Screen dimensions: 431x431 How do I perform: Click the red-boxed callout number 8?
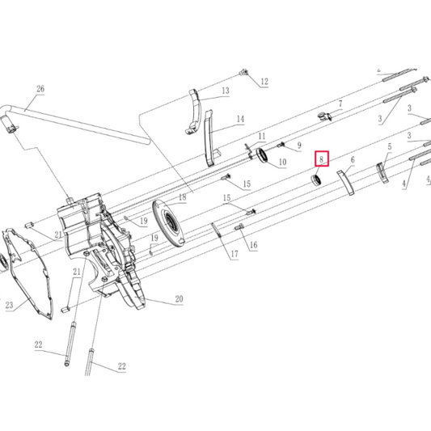321,159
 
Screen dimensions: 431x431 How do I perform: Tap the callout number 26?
40,89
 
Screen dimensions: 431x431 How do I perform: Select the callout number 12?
264,82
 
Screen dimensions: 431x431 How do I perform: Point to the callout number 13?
226,91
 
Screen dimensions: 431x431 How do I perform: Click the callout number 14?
240,119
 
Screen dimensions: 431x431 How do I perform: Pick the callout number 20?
179,298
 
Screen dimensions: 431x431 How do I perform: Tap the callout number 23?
9,305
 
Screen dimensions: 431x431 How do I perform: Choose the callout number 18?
182,197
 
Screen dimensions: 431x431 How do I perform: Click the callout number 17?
235,254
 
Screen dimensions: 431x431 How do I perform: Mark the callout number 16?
253,245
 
